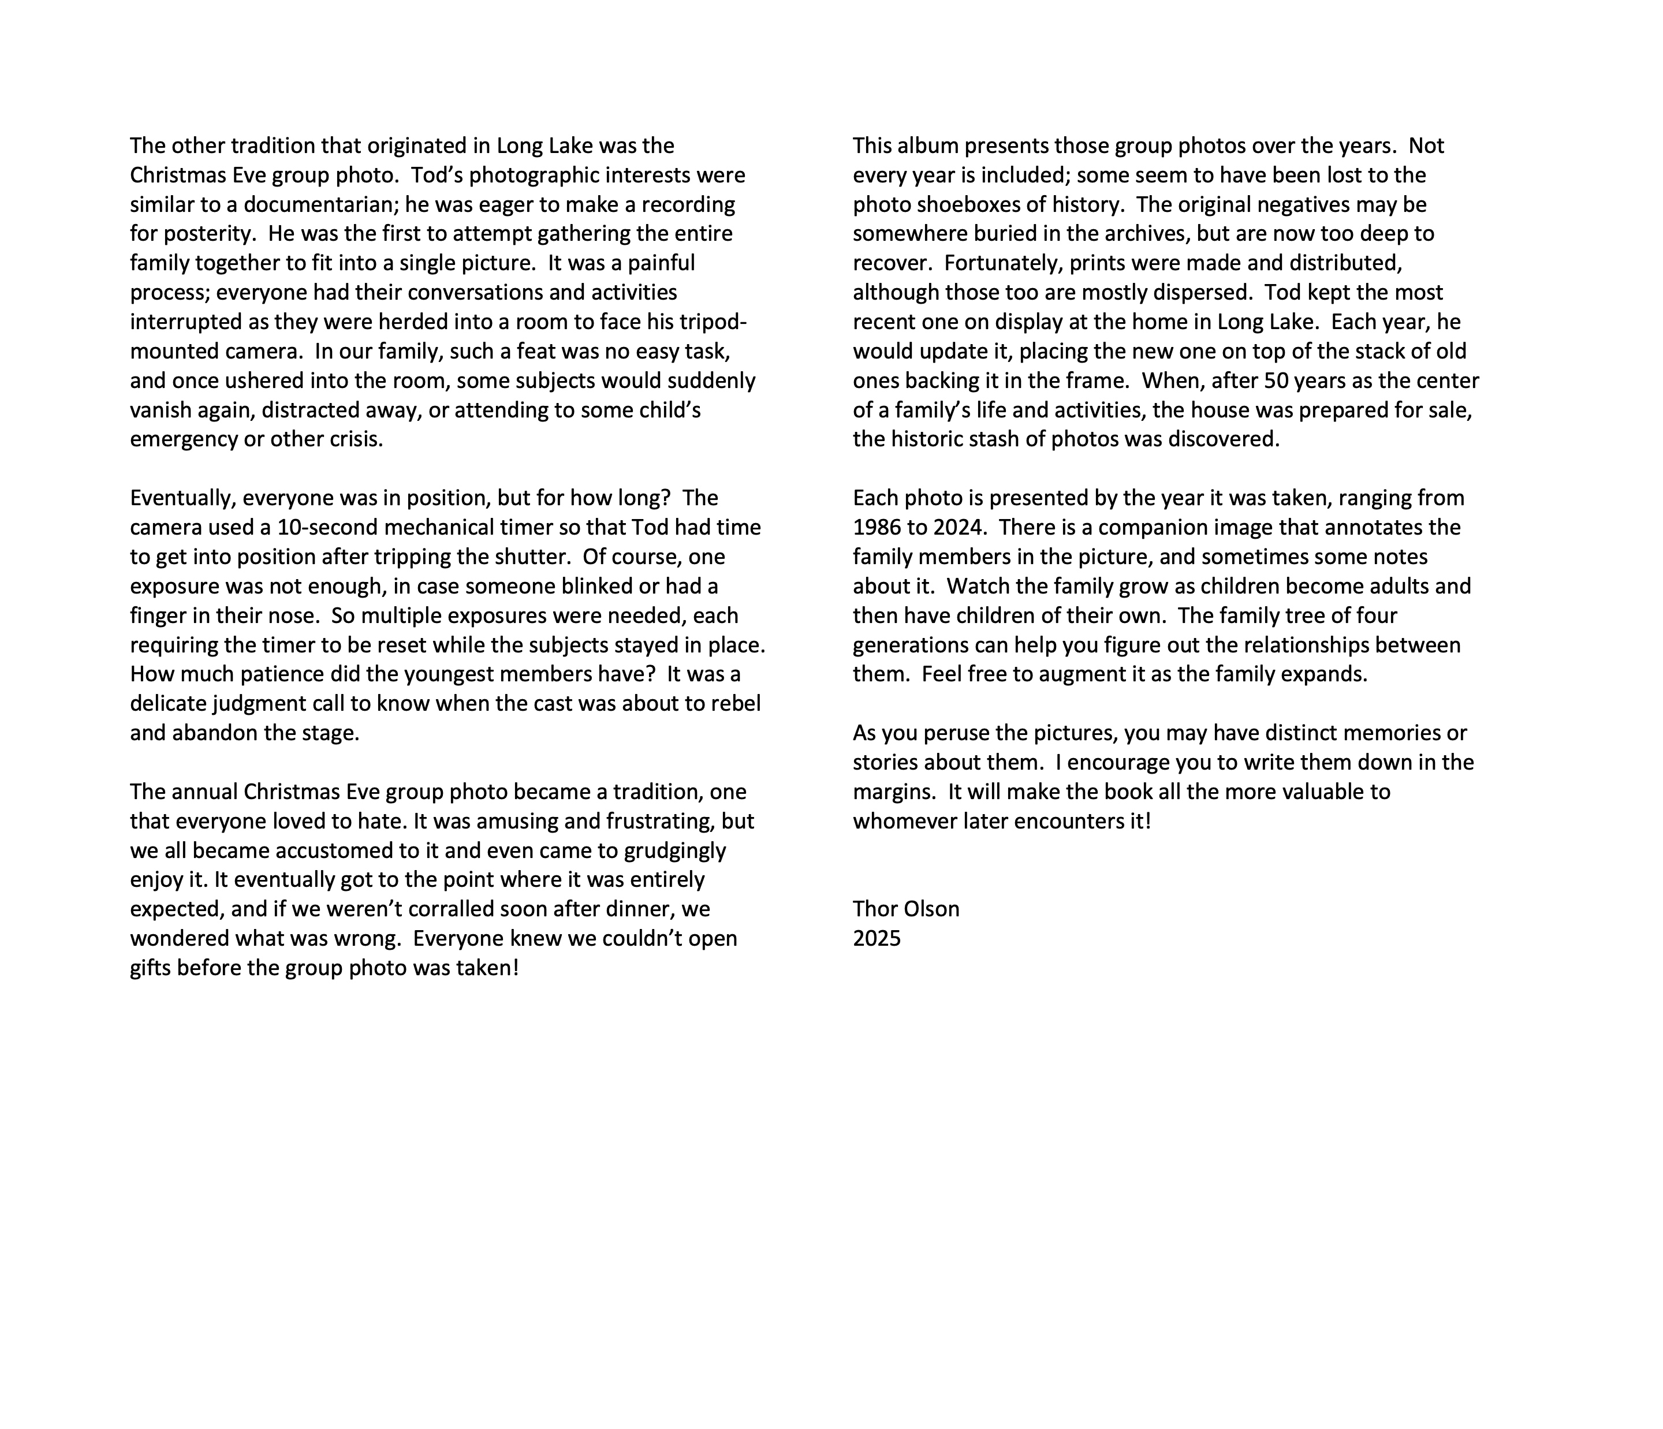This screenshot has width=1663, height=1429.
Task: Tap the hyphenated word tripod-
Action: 714,322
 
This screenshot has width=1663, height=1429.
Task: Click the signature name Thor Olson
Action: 906,909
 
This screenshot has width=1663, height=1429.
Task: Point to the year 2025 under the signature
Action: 877,939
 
